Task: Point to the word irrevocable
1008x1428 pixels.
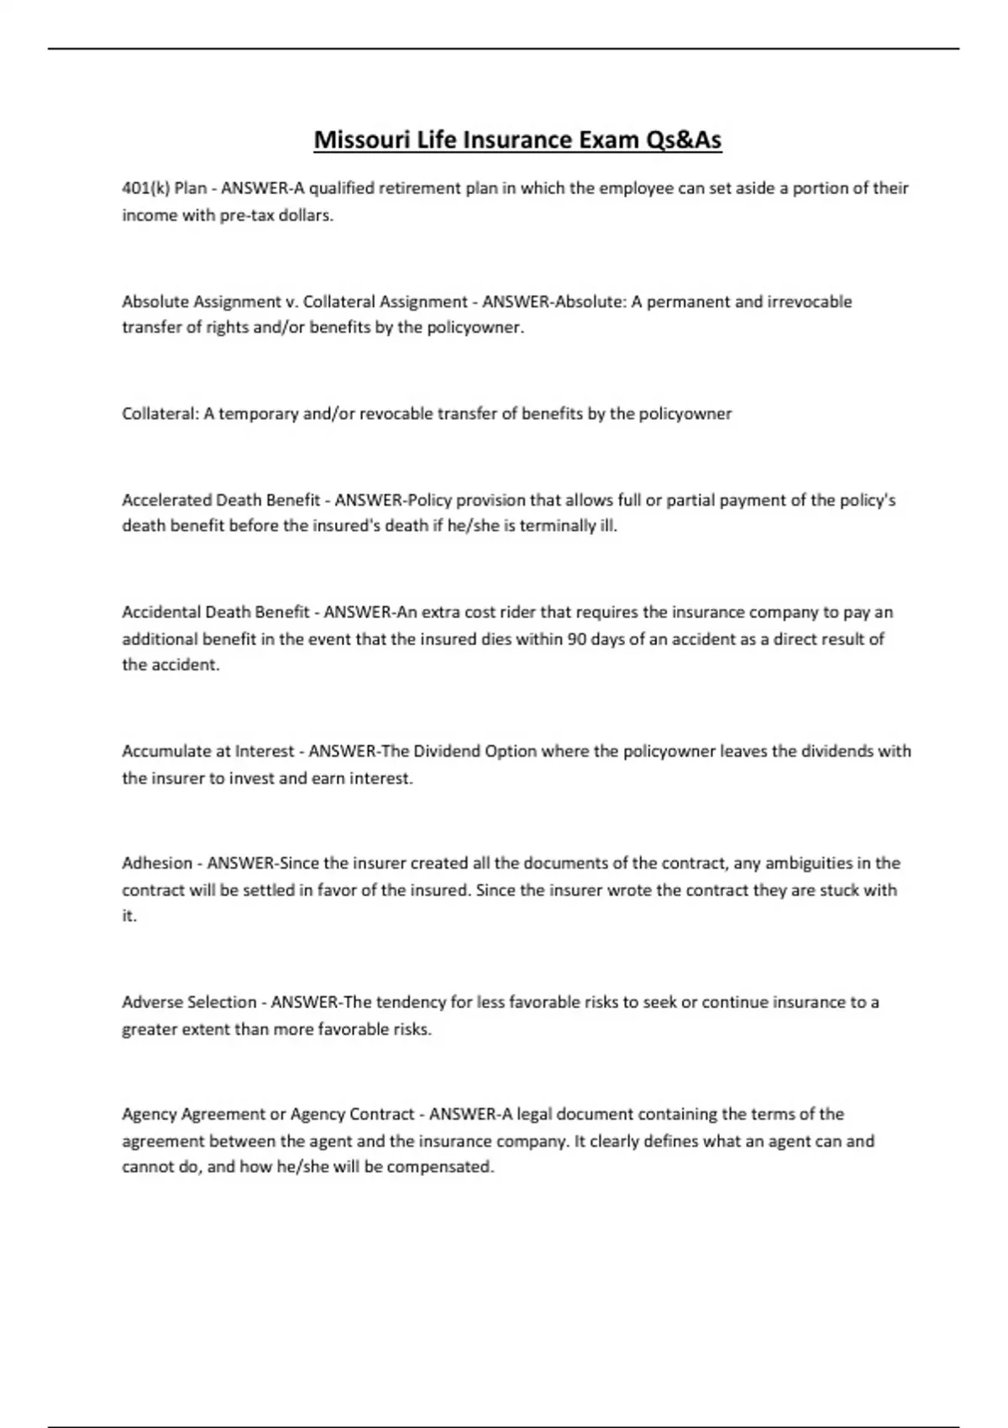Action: click(x=810, y=302)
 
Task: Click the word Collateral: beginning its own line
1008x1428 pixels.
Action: click(x=160, y=413)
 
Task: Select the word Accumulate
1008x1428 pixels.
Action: click(x=164, y=751)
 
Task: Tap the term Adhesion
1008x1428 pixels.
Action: click(x=157, y=863)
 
